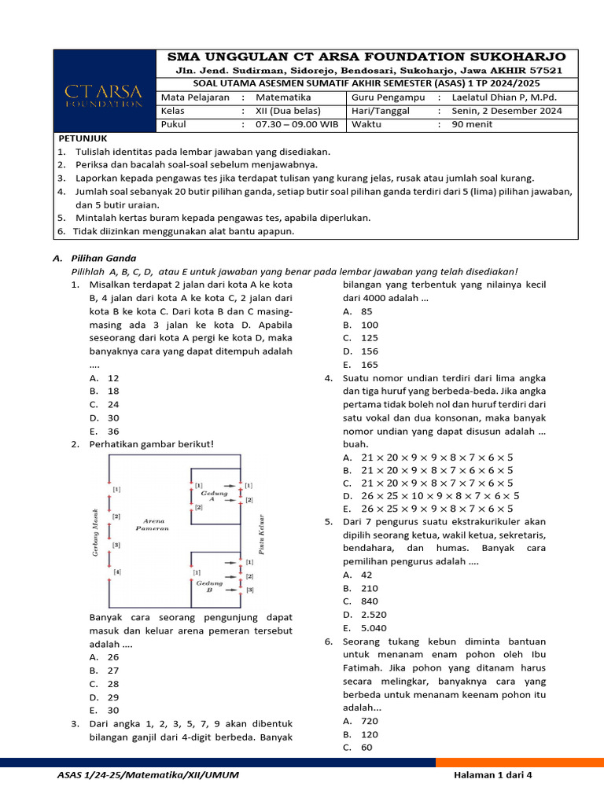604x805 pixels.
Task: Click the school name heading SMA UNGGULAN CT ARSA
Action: [x=366, y=57]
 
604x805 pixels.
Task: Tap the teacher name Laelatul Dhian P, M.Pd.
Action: [x=507, y=97]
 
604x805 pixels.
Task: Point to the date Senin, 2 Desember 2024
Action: [x=506, y=111]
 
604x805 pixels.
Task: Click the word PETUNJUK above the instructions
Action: [x=83, y=138]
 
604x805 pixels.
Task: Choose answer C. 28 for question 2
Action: [x=105, y=684]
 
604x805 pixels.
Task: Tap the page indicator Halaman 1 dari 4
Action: [x=492, y=775]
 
